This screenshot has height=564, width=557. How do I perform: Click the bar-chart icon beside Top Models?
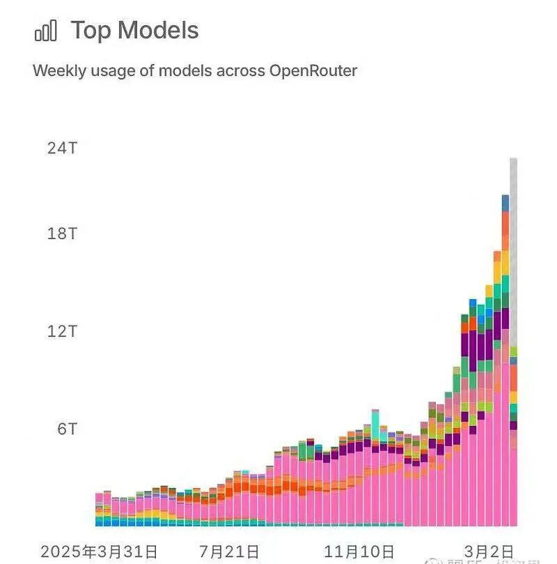click(45, 31)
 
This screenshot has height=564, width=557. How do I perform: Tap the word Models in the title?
click(158, 31)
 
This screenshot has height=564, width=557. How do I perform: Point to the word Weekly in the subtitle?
click(58, 70)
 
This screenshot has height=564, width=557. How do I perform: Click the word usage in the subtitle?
click(111, 70)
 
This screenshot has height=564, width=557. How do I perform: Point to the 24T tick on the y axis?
click(62, 148)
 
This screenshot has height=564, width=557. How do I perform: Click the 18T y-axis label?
click(62, 234)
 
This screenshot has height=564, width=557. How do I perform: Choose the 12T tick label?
click(62, 331)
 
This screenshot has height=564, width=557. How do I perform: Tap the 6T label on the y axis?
click(66, 429)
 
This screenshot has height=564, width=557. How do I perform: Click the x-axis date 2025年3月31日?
click(99, 551)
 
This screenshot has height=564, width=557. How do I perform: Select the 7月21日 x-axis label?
click(229, 551)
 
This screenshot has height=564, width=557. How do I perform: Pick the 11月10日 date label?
click(359, 551)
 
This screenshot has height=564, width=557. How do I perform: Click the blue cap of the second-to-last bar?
click(505, 203)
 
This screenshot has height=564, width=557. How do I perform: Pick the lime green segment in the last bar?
click(514, 351)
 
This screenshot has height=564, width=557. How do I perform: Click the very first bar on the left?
click(99, 509)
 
